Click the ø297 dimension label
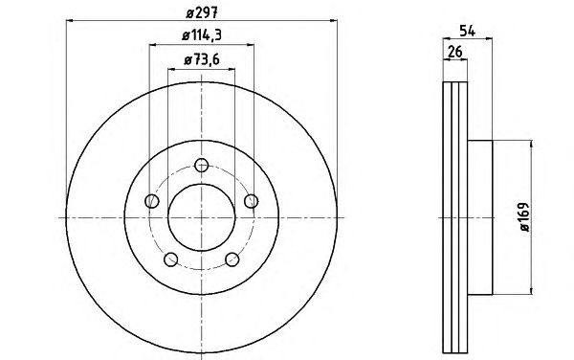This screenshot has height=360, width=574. pos(202,13)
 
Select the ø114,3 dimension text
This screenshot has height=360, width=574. pos(202,35)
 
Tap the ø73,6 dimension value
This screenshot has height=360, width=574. pos(202,59)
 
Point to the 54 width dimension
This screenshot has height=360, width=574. pos(468,32)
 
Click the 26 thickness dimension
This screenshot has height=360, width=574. pos(455,52)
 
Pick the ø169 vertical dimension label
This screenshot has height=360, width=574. pos(524,216)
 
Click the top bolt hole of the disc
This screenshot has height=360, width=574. pos(201,166)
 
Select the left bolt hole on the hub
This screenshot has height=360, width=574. pos(152,201)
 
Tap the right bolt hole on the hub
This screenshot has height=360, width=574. pos(251,201)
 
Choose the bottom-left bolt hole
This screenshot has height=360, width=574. pos(170,259)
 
